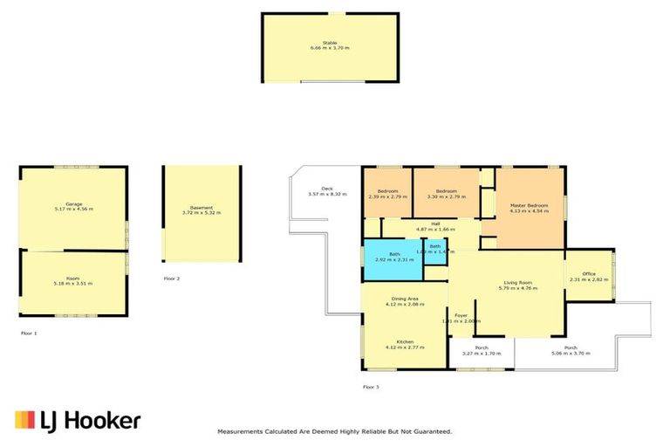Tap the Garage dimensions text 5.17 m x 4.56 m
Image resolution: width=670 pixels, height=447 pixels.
73,210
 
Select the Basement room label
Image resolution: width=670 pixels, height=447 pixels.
202,208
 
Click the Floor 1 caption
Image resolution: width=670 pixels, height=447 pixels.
30,333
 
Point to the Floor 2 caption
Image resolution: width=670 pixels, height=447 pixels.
172,279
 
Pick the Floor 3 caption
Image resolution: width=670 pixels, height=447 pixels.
372,386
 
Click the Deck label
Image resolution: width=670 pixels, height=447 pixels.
327,188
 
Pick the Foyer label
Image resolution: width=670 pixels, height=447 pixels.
461,315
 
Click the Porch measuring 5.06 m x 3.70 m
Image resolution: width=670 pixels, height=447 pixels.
571,348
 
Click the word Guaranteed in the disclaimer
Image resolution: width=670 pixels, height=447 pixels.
431,431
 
